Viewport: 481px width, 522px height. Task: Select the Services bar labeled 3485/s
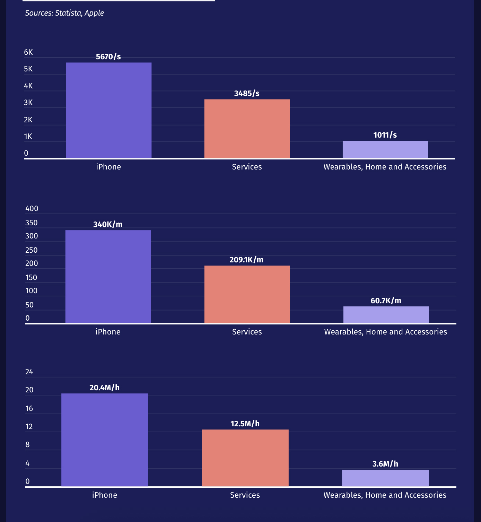point(247,129)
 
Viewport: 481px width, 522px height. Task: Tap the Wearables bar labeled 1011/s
point(385,149)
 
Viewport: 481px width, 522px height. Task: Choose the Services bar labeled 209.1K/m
point(247,294)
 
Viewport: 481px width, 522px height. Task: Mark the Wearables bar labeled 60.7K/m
point(386,315)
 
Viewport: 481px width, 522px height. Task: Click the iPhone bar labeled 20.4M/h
point(105,440)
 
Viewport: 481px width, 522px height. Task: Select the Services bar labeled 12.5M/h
point(245,458)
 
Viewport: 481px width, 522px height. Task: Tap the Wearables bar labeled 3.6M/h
point(385,478)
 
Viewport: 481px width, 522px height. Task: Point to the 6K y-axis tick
point(28,52)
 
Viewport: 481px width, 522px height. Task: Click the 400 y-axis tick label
point(32,209)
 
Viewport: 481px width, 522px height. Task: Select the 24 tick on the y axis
point(29,372)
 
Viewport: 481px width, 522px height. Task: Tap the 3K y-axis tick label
point(28,103)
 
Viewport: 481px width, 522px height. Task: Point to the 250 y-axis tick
point(32,250)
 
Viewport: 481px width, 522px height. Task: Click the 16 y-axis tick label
point(29,409)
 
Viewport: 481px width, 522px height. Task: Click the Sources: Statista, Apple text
point(64,13)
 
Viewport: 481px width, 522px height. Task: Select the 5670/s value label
point(108,57)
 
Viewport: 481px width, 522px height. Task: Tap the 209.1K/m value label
point(246,260)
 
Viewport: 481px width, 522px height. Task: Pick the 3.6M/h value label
point(385,464)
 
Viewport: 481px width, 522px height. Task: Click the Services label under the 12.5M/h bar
point(245,495)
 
